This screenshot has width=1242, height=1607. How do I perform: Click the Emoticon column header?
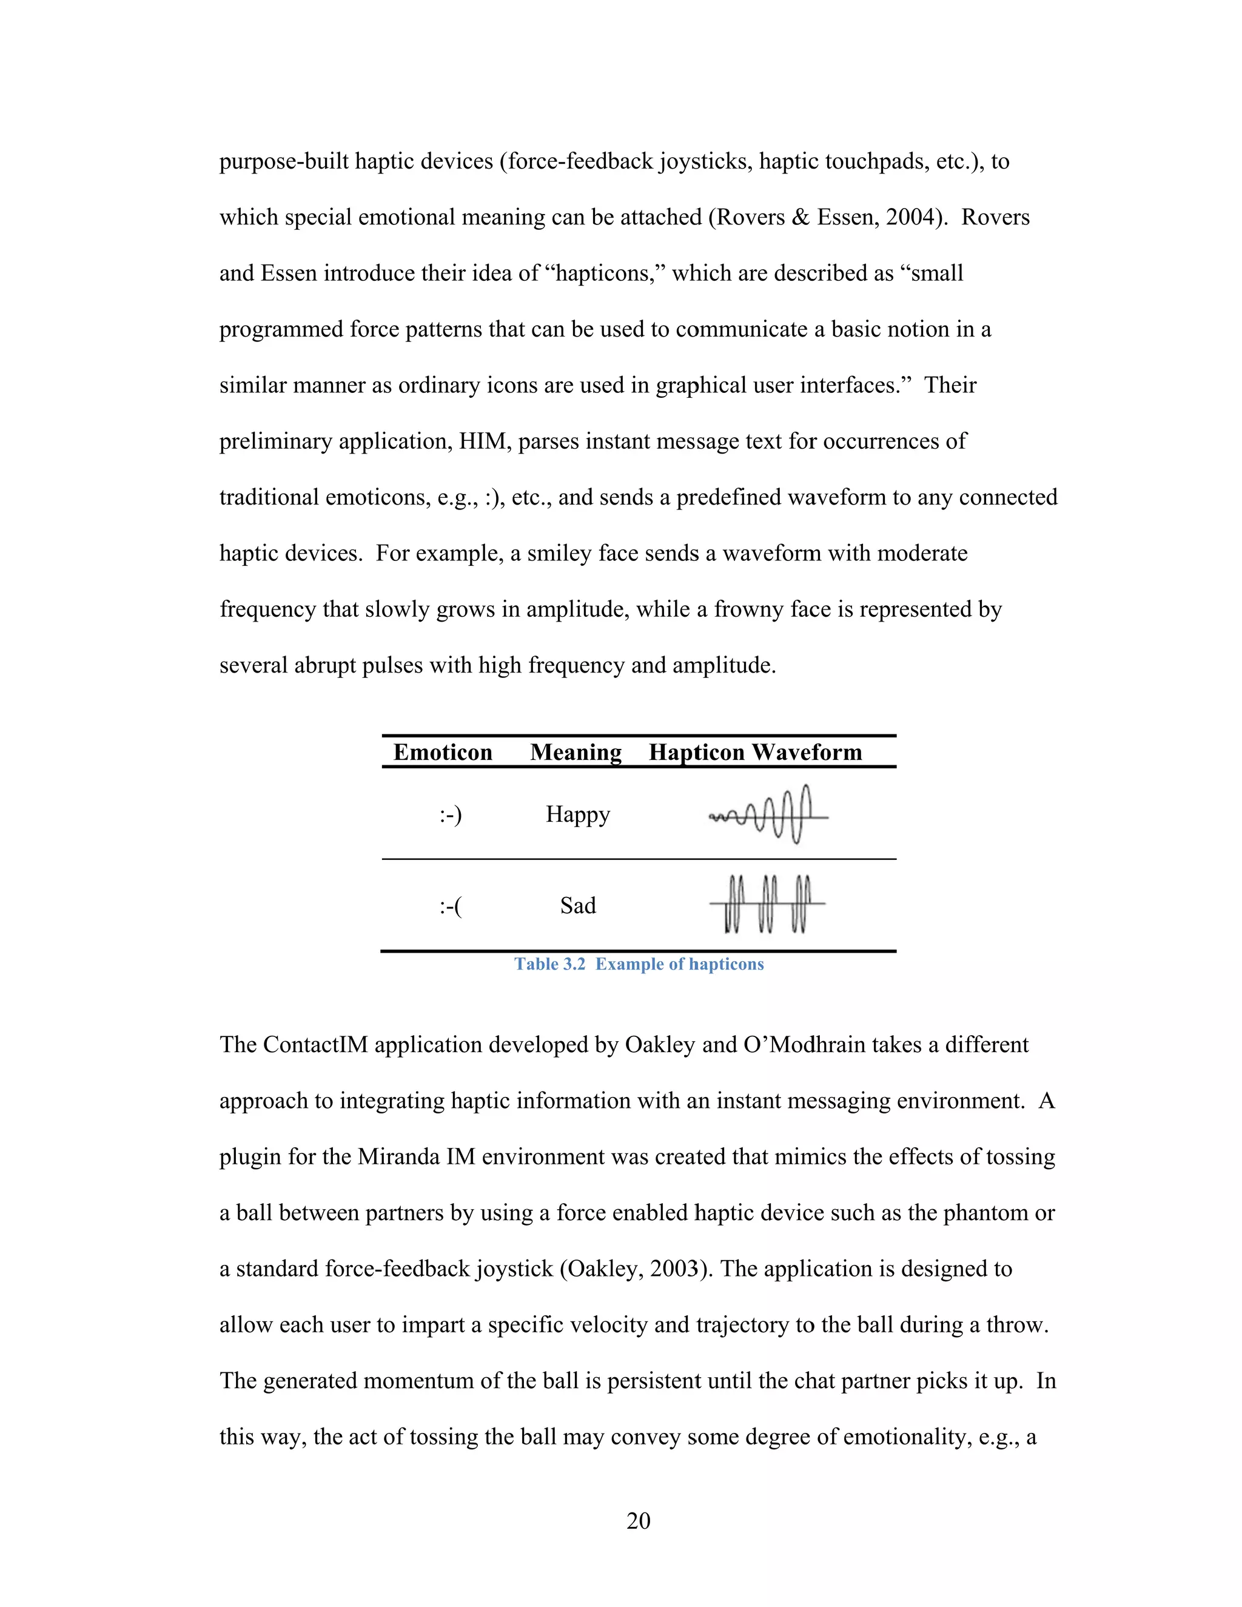tap(442, 752)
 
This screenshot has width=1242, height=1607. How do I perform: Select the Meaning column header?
tap(576, 752)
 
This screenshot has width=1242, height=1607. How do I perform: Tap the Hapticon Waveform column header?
tap(755, 752)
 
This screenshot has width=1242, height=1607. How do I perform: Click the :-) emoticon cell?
tap(451, 814)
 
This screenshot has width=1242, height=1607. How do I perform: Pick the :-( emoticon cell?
tap(451, 906)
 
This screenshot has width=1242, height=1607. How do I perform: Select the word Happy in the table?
tap(577, 814)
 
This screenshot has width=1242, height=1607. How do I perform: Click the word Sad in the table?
tap(577, 906)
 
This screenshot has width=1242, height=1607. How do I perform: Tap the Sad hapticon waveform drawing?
tap(767, 904)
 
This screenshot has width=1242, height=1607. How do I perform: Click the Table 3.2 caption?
tap(639, 964)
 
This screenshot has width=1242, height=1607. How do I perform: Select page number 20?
tap(638, 1520)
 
